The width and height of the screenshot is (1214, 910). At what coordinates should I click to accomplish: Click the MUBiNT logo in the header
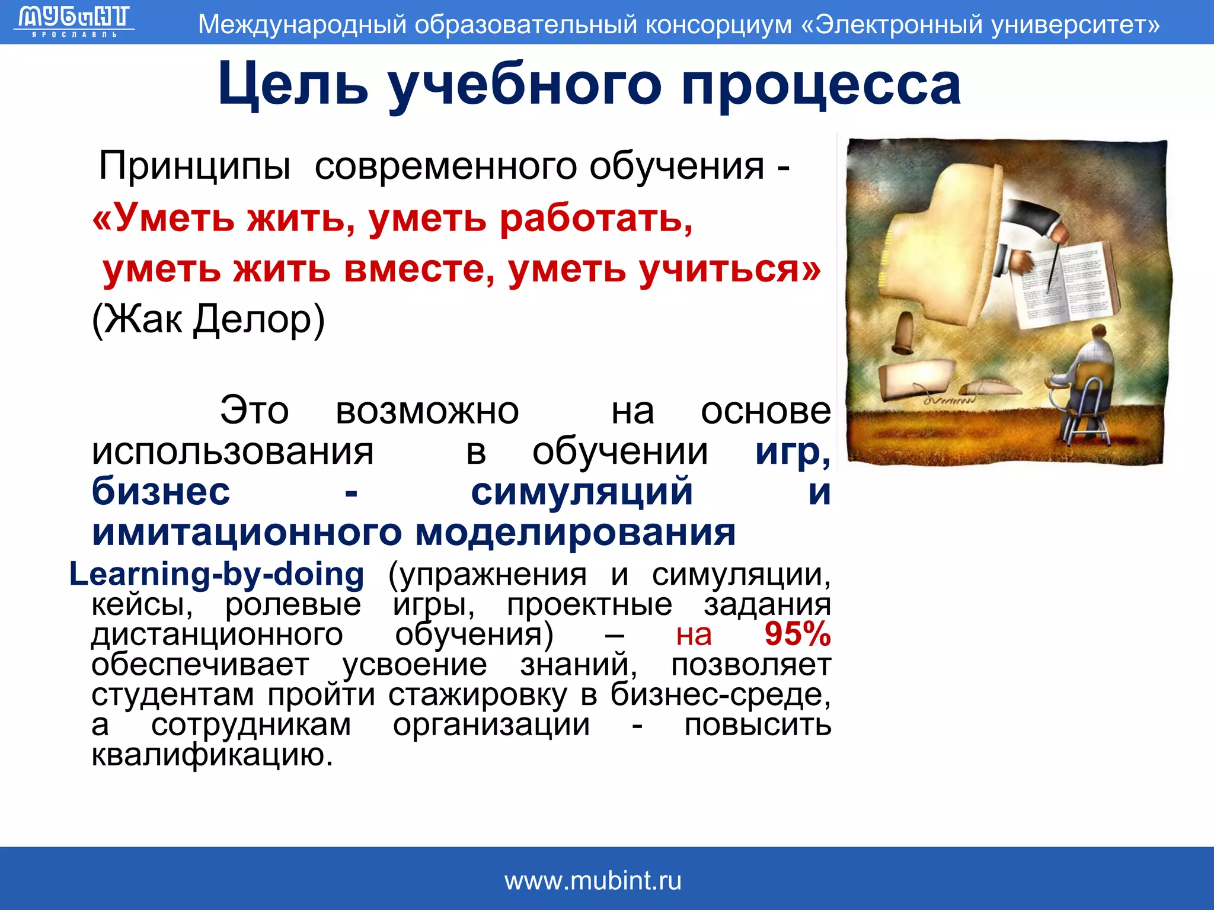(x=74, y=21)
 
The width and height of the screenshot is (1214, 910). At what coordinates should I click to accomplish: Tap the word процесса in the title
(x=820, y=85)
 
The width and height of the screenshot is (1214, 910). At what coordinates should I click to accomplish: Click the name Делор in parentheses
(x=259, y=320)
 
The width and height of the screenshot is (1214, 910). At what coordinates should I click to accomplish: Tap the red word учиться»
(x=729, y=269)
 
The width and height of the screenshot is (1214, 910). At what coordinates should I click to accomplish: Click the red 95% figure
(x=797, y=634)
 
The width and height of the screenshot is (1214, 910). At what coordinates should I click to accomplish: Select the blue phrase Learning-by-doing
(x=216, y=574)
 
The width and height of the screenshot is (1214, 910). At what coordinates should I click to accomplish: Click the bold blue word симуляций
(x=582, y=492)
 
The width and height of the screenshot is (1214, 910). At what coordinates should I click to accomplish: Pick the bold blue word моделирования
(x=575, y=532)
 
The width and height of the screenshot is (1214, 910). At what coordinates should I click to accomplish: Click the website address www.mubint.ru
(x=593, y=881)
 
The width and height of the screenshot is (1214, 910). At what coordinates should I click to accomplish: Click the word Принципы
(x=194, y=166)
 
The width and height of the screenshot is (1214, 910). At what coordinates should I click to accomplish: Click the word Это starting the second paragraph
(x=254, y=410)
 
